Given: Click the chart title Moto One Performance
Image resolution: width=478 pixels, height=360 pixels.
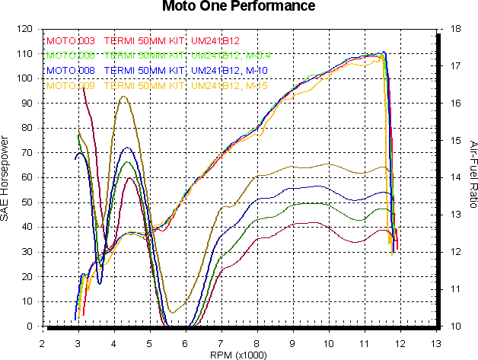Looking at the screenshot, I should pyautogui.click(x=238, y=8).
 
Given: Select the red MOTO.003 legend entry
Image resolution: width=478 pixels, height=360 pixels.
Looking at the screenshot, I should pyautogui.click(x=70, y=41).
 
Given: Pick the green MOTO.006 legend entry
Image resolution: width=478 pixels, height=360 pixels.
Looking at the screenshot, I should pyautogui.click(x=70, y=56).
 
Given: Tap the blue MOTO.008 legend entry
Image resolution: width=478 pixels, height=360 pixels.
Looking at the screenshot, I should pyautogui.click(x=70, y=71).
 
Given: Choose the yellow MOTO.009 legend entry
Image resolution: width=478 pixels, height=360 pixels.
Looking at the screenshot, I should pyautogui.click(x=70, y=86).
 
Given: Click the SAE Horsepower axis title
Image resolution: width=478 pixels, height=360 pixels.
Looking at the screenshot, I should pyautogui.click(x=7, y=178).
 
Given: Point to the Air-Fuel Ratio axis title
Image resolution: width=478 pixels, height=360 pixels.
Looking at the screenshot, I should pyautogui.click(x=472, y=178).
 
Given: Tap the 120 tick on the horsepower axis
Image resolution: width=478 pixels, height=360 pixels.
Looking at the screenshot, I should pyautogui.click(x=24, y=29).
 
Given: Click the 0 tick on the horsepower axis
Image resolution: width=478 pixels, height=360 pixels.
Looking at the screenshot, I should pyautogui.click(x=29, y=327).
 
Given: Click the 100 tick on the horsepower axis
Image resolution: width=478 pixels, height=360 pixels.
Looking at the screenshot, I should pyautogui.click(x=24, y=78).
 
